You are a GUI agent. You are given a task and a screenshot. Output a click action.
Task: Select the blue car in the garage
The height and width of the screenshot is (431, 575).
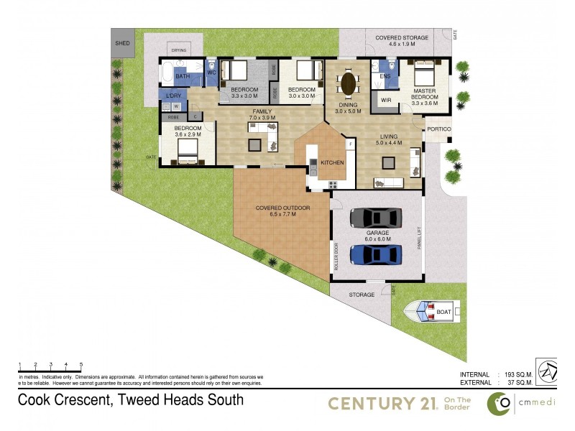coord(375,255)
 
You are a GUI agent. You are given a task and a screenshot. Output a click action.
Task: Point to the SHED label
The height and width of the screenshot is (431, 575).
coord(123,44)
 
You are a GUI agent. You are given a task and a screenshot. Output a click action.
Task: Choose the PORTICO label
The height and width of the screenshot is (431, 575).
coord(438,129)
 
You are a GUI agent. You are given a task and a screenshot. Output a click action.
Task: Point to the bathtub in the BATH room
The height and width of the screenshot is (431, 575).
coord(167,75)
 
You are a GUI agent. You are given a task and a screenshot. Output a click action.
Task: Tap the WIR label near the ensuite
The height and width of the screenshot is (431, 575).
coord(385,100)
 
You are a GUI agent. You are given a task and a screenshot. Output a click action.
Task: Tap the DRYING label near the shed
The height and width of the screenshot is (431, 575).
coord(179,50)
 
